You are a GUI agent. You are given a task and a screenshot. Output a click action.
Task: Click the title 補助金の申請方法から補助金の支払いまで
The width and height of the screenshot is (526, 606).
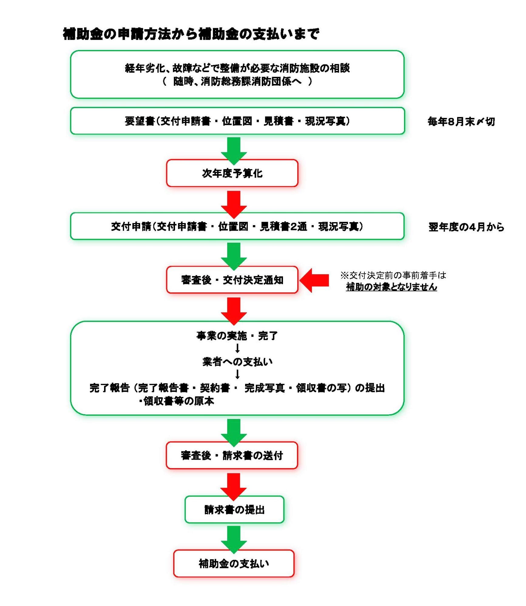click(x=191, y=34)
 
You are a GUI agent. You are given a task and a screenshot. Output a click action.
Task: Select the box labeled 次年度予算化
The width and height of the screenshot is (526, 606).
click(x=232, y=173)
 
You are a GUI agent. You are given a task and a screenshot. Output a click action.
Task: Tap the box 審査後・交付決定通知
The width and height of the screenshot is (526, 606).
click(x=232, y=280)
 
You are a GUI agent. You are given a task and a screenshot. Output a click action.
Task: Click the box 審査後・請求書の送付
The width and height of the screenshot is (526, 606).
click(x=232, y=455)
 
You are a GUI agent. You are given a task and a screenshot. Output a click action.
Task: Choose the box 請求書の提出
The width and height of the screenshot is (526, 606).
click(x=234, y=510)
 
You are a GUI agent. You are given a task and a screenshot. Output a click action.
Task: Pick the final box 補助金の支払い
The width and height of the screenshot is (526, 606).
click(x=234, y=564)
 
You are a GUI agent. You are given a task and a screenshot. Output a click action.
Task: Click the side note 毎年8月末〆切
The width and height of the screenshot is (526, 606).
click(x=461, y=122)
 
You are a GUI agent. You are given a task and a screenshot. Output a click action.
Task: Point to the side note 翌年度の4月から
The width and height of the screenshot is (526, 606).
click(x=466, y=227)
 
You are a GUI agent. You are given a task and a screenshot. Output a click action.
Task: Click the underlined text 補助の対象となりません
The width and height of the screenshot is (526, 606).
click(x=391, y=287)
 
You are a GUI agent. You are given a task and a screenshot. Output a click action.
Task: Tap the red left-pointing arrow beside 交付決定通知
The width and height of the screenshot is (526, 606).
click(x=315, y=280)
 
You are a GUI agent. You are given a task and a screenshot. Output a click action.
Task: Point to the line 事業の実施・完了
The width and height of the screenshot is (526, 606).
click(x=237, y=336)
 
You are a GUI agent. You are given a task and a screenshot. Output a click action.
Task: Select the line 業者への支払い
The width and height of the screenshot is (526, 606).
click(x=237, y=361)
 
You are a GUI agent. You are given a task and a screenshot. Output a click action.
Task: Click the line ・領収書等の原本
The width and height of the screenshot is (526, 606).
click(x=177, y=401)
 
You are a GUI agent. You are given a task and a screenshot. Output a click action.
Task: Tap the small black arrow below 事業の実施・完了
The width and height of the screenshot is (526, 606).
click(x=238, y=348)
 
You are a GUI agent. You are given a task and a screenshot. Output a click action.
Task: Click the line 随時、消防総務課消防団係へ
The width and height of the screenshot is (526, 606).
click(x=237, y=82)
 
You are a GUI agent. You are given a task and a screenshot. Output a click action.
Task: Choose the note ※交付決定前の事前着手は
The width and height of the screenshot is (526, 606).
click(x=393, y=275)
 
